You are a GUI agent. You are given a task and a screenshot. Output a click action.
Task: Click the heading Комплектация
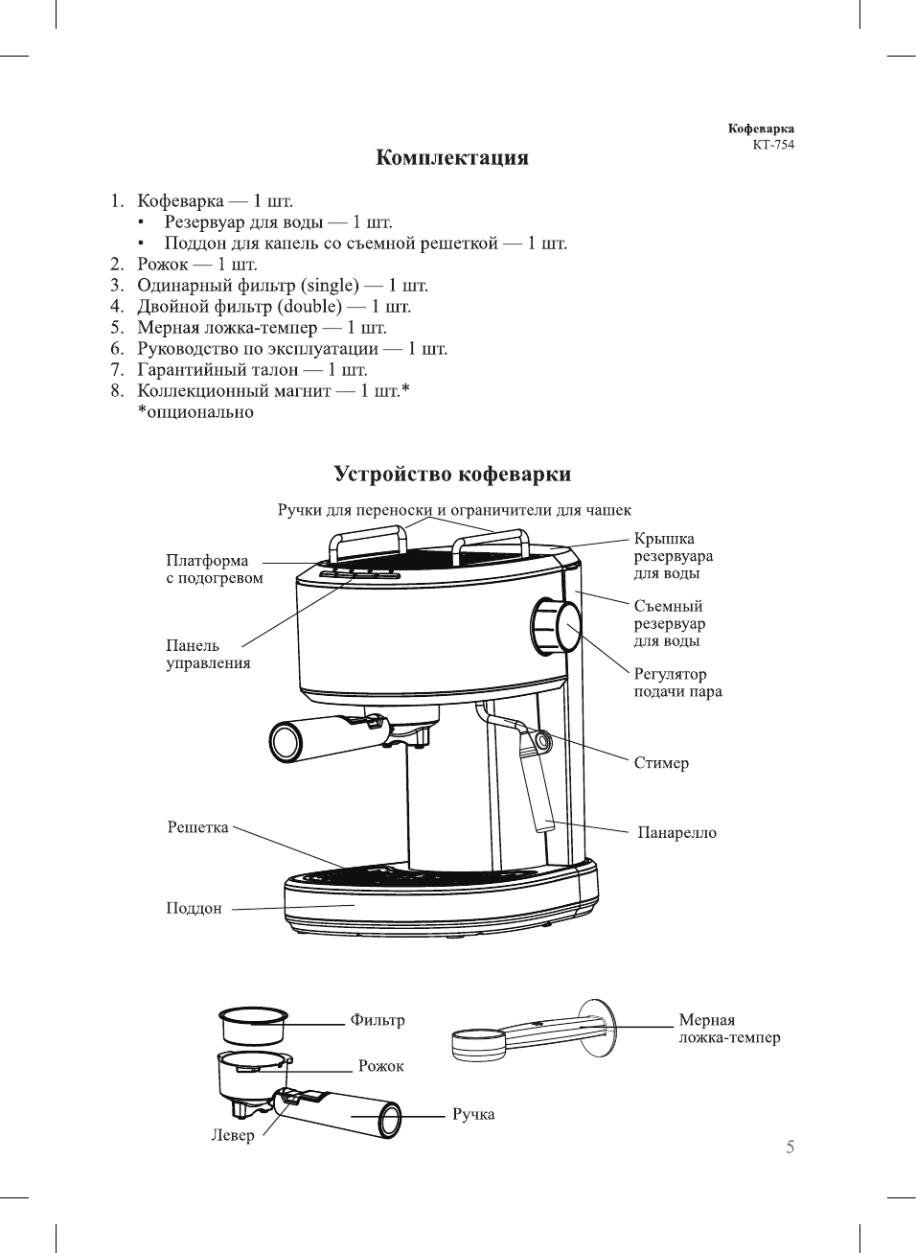[x=451, y=158]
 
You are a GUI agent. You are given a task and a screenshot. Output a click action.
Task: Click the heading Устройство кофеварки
[x=452, y=474]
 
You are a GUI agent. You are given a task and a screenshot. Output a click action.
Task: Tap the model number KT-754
[x=773, y=145]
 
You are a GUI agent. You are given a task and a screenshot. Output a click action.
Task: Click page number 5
[x=790, y=1147]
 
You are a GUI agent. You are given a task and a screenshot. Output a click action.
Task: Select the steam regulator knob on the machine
[x=556, y=627]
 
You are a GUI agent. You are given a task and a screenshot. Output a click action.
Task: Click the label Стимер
[x=661, y=763]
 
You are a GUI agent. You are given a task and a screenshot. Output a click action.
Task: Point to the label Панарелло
[x=676, y=833]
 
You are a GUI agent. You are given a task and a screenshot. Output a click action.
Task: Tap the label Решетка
[x=197, y=827]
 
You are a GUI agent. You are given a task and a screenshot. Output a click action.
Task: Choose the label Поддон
[x=194, y=908]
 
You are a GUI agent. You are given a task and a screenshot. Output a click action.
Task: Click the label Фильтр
[x=378, y=1020]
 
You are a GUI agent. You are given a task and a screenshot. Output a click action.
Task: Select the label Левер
[x=233, y=1135]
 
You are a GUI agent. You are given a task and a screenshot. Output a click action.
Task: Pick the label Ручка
[x=473, y=1114]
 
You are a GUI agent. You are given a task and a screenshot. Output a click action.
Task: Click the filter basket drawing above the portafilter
[x=253, y=1024]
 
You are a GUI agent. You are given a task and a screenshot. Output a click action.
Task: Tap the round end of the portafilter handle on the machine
[x=286, y=742]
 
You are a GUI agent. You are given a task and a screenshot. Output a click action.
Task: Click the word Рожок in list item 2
[x=162, y=265]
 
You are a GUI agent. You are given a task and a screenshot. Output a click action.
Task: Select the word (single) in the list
[x=330, y=286]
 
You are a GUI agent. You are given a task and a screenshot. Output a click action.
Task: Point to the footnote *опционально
[x=195, y=412]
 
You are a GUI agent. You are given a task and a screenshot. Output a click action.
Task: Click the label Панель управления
[x=208, y=654]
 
